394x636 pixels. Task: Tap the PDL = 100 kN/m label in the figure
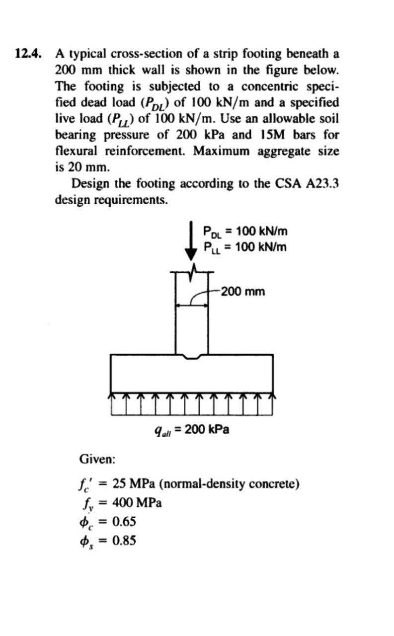pos(245,231)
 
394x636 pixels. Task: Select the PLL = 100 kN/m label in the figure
pos(245,246)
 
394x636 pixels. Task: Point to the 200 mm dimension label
pos(243,291)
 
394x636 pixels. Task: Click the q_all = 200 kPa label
pos(192,429)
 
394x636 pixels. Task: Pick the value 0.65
pos(124,522)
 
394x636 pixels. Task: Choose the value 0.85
pos(124,541)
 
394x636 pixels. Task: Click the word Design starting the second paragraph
pos(91,184)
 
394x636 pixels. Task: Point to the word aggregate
pos(286,151)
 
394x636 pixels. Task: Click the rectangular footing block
pos(191,374)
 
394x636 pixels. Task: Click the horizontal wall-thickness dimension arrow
pos(191,306)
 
